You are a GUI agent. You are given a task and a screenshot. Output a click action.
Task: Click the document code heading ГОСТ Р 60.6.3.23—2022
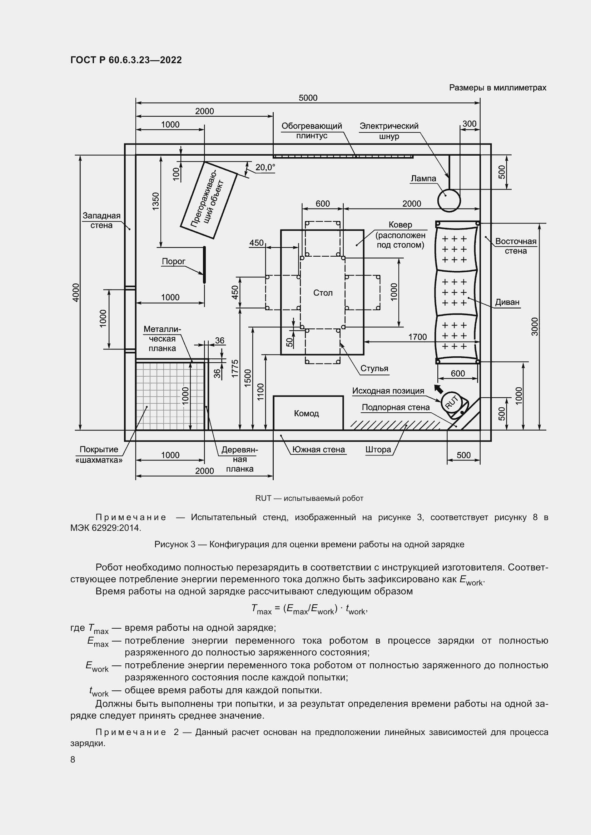pyautogui.click(x=126, y=60)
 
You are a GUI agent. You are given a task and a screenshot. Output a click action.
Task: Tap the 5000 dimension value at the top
pyautogui.click(x=308, y=98)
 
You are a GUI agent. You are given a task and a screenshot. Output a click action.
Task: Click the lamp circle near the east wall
pyautogui.click(x=449, y=200)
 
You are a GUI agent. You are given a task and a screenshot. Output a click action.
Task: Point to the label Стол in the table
pyautogui.click(x=323, y=293)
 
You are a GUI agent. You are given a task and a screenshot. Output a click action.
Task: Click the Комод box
pyautogui.click(x=308, y=413)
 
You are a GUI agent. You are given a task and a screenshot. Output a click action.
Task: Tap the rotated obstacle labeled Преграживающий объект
pyautogui.click(x=209, y=200)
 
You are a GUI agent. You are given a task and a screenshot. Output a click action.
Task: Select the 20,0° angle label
pyautogui.click(x=265, y=167)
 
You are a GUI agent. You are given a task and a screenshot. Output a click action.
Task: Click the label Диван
pyautogui.click(x=507, y=302)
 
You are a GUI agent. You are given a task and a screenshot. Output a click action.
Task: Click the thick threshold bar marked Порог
pyautogui.click(x=204, y=265)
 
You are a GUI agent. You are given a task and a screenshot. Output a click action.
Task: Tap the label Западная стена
pyautogui.click(x=101, y=220)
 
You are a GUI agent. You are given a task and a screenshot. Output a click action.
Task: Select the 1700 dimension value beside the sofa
pyautogui.click(x=417, y=337)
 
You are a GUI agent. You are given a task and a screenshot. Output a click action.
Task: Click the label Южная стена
pyautogui.click(x=318, y=449)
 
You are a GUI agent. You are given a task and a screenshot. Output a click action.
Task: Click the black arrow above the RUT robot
pyautogui.click(x=439, y=389)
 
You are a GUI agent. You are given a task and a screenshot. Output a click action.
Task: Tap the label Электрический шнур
pyautogui.click(x=389, y=131)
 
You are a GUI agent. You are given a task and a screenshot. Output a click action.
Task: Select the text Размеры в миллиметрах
pyautogui.click(x=497, y=88)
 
